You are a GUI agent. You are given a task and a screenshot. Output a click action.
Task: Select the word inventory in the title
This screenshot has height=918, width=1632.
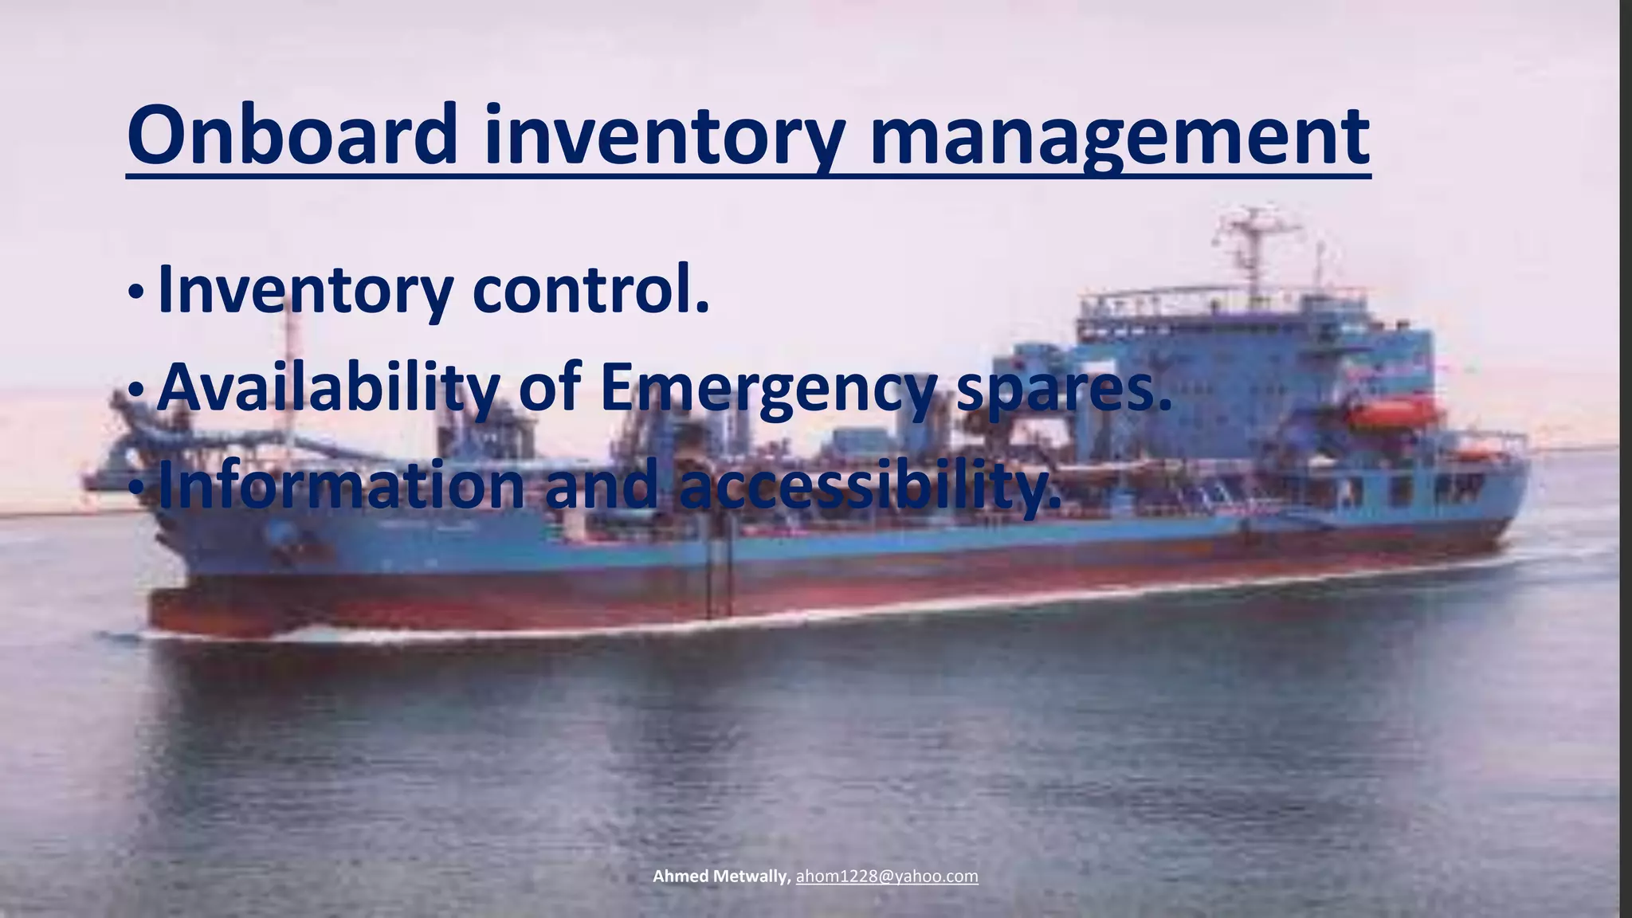[x=663, y=137]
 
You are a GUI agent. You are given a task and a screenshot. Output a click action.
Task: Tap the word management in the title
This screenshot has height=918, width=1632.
[x=1119, y=137]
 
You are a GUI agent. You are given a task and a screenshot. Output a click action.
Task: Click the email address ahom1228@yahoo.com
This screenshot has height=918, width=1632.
[x=887, y=877]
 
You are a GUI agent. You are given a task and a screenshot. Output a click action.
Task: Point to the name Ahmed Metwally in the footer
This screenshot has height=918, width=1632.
[x=720, y=877]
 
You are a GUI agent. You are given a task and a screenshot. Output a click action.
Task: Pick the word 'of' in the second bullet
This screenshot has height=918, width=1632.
[x=548, y=388]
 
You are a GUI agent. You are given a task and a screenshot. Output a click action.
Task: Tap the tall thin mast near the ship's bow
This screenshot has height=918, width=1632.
[x=289, y=375]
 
